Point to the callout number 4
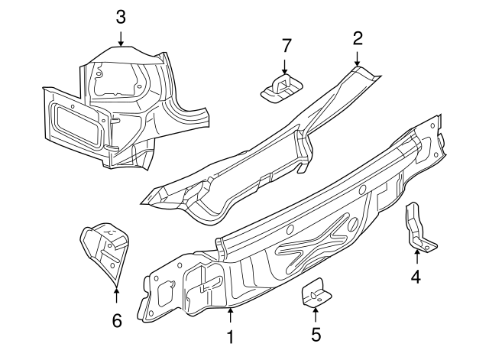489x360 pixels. coord(416,277)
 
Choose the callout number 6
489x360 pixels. coord(116,321)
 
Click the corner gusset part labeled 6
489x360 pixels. coord(103,248)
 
